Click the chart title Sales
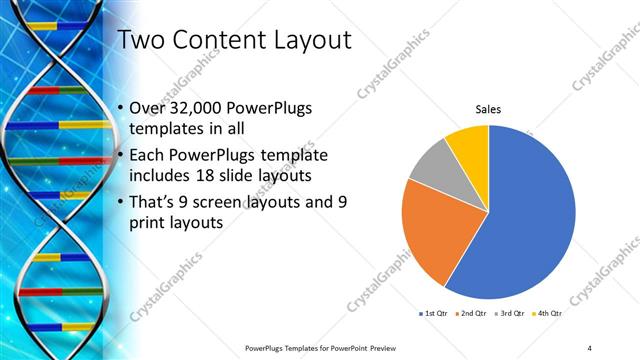487,109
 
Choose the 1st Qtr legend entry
434,314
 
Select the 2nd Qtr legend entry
473,314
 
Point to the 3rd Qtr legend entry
511,314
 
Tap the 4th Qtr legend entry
549,314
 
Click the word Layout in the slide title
304,41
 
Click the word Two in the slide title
142,41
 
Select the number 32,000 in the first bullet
197,108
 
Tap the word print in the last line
151,224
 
